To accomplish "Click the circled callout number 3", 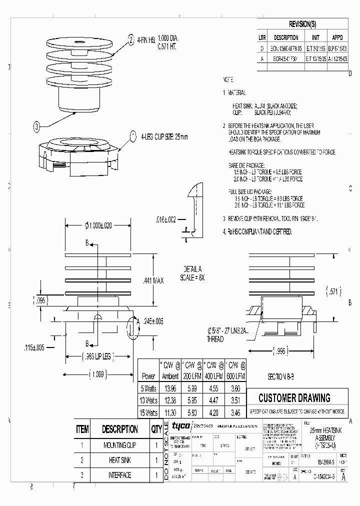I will pyautogui.click(x=36, y=127).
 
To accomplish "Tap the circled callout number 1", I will pyautogui.click(x=133, y=135).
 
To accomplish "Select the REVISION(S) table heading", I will pyautogui.click(x=302, y=24).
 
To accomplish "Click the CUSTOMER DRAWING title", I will pyautogui.click(x=294, y=398).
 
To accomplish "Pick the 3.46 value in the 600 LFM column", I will pyautogui.click(x=235, y=413).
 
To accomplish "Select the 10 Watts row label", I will pyautogui.click(x=148, y=400).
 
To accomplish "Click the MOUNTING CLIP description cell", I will pyautogui.click(x=119, y=444).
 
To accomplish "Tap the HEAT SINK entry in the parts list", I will pyautogui.click(x=119, y=460).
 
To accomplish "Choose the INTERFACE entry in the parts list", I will pyautogui.click(x=119, y=475).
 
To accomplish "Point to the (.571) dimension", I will pyautogui.click(x=332, y=291).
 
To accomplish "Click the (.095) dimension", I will pyautogui.click(x=40, y=300).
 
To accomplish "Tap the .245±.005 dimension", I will pyautogui.click(x=152, y=322).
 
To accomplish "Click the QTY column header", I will pyautogui.click(x=156, y=429).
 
